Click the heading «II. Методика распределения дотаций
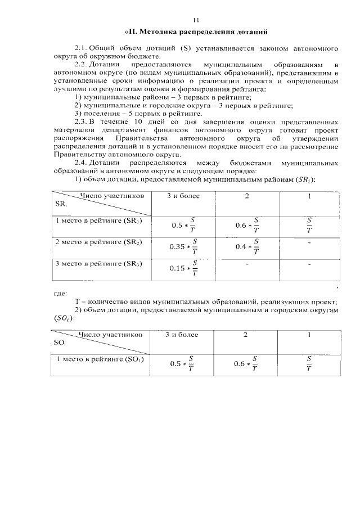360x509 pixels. coord(195,31)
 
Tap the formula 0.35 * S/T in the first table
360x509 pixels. coord(183,246)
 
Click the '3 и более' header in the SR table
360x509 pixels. coord(183,196)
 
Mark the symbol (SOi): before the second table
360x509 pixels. coord(63,318)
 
